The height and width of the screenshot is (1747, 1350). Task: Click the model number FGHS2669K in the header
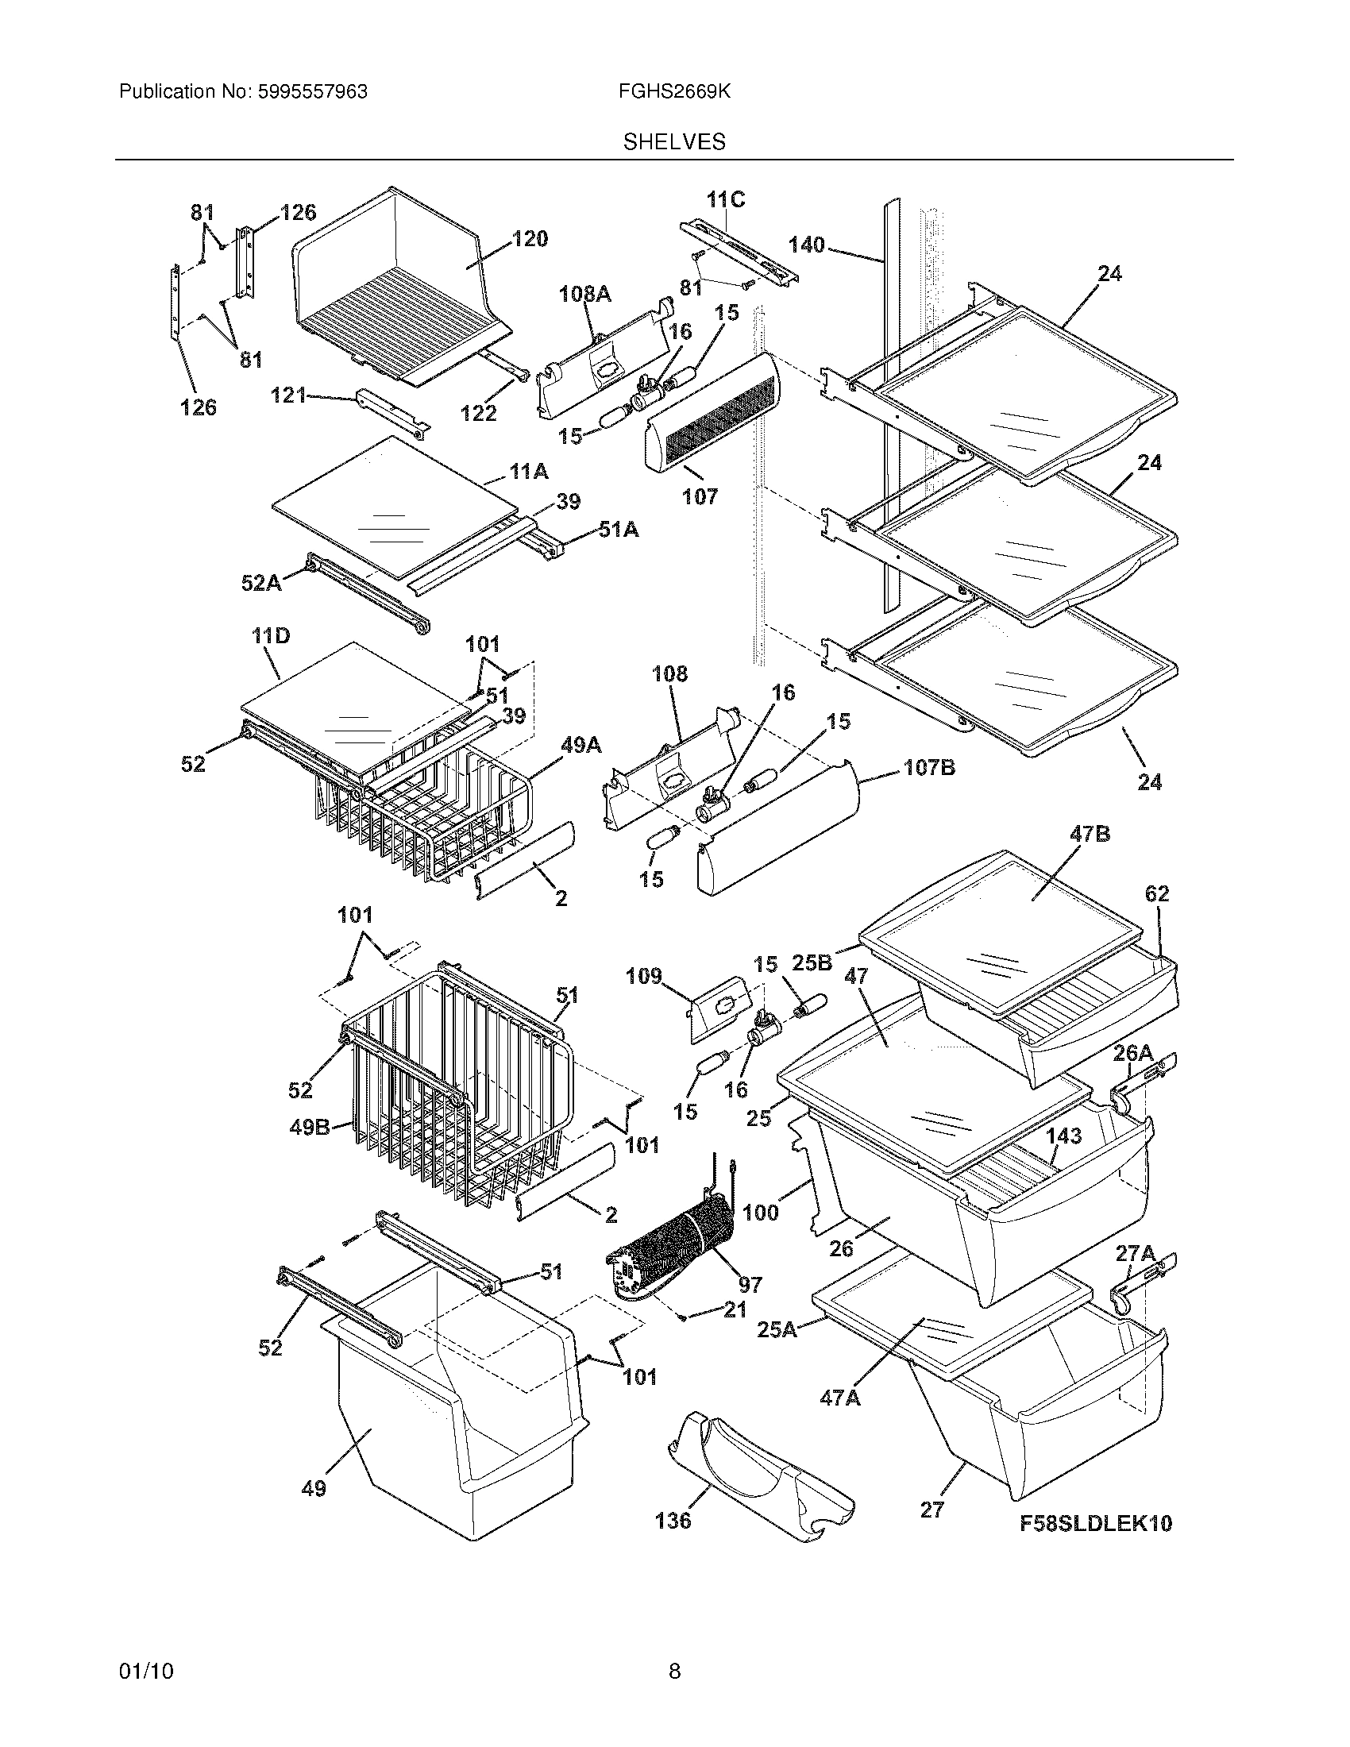click(673, 92)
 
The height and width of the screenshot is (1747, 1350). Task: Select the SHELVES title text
click(674, 142)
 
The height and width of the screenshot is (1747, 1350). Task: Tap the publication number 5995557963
click(313, 92)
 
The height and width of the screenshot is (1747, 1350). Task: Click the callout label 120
click(530, 238)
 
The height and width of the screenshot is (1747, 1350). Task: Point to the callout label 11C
click(725, 200)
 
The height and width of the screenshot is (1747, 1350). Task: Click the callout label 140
click(806, 245)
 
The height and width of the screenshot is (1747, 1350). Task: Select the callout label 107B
click(929, 769)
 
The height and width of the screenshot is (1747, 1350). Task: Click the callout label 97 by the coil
click(750, 1285)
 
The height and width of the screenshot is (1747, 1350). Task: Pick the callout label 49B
click(309, 1128)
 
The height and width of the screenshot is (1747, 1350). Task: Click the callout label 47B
click(1090, 835)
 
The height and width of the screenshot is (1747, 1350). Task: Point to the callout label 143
click(1063, 1136)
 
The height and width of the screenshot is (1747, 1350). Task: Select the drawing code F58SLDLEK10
click(1096, 1524)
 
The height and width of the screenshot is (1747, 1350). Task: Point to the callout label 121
click(289, 395)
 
